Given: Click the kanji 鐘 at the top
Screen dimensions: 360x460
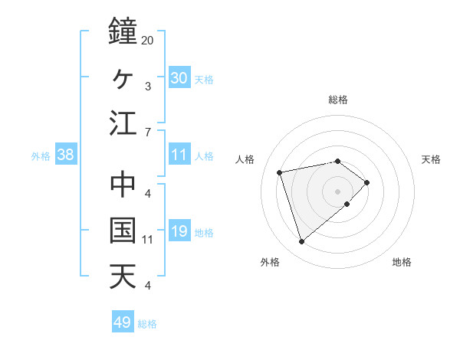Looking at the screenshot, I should [123, 31].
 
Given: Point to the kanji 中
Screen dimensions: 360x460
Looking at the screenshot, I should [123, 185].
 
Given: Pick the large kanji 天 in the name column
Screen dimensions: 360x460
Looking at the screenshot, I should [123, 277].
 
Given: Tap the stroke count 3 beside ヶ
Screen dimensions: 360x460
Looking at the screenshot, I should [147, 87].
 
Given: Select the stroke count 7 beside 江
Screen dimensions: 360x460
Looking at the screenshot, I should [147, 133].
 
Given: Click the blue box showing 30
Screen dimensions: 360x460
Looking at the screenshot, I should [179, 77].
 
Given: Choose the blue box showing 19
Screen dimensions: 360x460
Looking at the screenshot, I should [179, 231].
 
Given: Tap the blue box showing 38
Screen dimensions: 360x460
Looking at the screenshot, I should [66, 155].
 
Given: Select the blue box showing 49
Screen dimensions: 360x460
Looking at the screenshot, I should [123, 322].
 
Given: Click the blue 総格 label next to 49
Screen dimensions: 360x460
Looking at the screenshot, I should [147, 324].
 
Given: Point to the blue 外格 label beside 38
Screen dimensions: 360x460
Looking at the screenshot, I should [41, 156].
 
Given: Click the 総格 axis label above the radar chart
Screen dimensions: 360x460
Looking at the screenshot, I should [338, 100].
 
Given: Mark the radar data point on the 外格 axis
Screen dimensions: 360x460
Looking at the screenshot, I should [301, 241].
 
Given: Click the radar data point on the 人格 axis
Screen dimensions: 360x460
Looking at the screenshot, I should [281, 172].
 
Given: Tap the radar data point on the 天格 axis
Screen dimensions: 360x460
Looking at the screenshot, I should [367, 182].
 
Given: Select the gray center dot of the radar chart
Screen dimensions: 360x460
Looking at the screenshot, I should [337, 190].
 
